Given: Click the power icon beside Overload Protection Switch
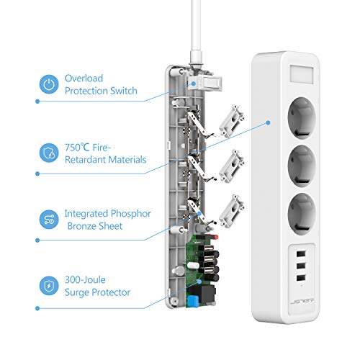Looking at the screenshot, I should click(x=48, y=85).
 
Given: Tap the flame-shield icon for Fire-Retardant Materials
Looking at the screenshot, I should click(x=48, y=153).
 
